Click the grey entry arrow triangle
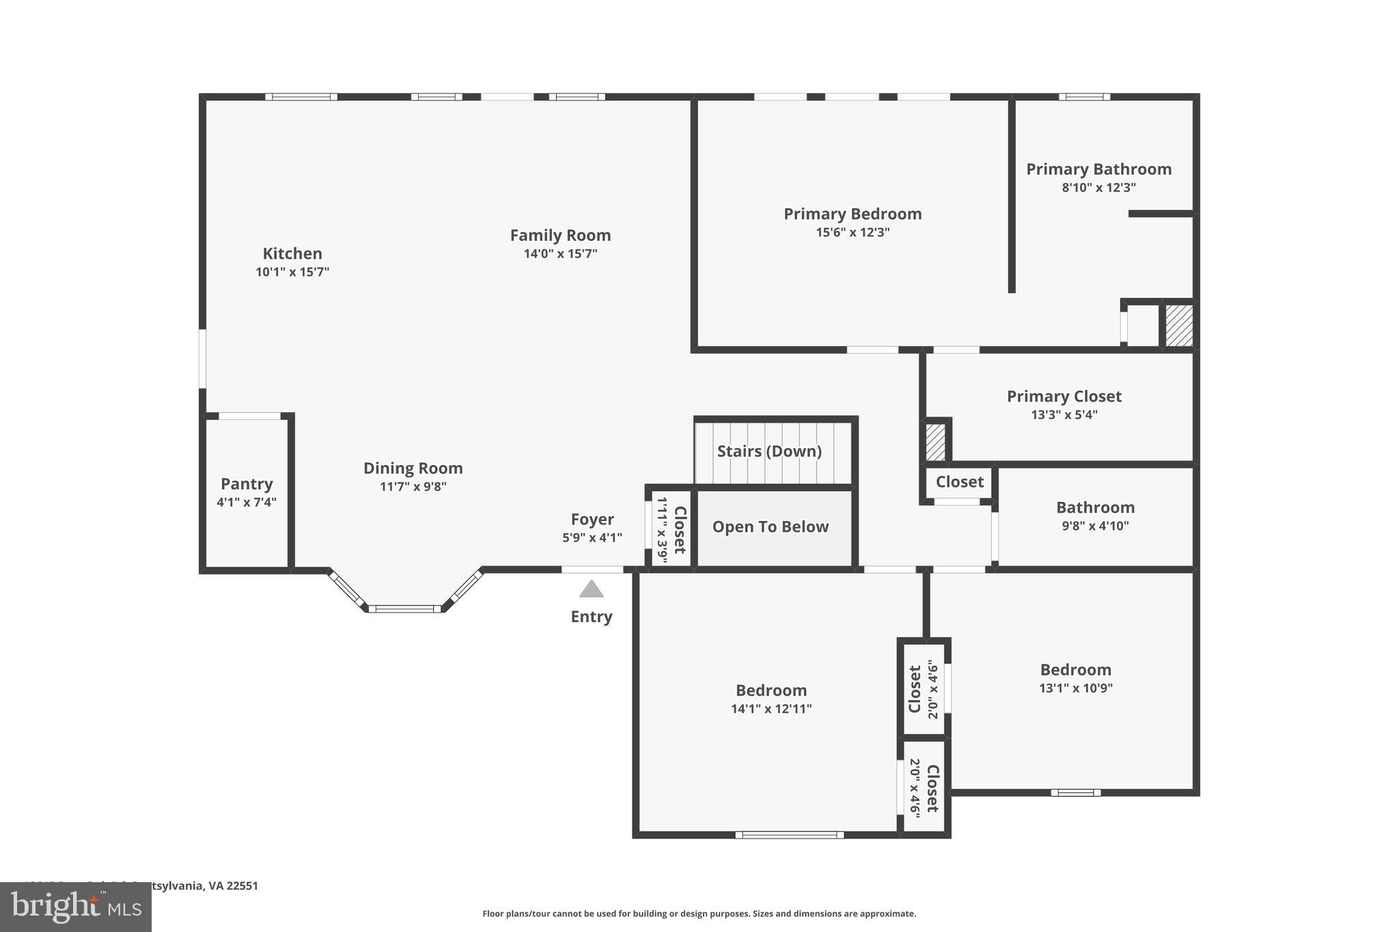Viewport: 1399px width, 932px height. click(x=592, y=589)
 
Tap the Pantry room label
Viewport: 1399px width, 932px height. click(x=247, y=484)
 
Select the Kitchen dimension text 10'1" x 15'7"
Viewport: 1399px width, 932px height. click(x=292, y=272)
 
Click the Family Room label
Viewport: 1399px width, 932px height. click(x=560, y=236)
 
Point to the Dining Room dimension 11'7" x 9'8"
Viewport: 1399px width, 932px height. click(x=413, y=487)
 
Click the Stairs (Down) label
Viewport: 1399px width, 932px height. click(x=769, y=451)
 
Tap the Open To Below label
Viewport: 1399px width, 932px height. click(x=770, y=527)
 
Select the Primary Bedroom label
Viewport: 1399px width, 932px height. click(x=853, y=214)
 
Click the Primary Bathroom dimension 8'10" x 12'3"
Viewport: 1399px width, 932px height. click(x=1098, y=188)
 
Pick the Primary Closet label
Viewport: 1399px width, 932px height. click(x=1064, y=397)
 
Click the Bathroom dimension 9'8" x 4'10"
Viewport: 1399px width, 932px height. click(x=1095, y=526)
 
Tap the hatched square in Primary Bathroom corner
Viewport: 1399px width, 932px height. click(x=1178, y=326)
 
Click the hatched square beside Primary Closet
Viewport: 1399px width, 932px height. click(x=935, y=442)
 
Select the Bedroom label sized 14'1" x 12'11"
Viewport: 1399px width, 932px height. click(x=771, y=690)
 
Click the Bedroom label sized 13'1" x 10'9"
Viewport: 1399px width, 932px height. click(x=1075, y=670)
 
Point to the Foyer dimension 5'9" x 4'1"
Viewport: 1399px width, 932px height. click(x=592, y=538)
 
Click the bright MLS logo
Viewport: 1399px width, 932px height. click(x=76, y=907)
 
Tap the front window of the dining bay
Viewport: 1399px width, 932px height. click(x=404, y=608)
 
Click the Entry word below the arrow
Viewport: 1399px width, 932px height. click(x=592, y=617)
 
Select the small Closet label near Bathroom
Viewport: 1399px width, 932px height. click(x=959, y=482)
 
